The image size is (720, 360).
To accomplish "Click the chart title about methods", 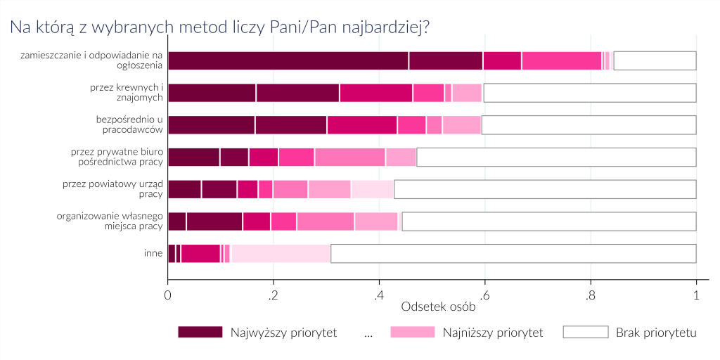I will [219, 27].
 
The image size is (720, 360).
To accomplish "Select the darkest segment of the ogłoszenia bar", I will [288, 60].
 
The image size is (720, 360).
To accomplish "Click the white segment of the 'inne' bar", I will [513, 253].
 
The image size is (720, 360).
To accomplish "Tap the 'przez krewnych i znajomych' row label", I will [127, 93].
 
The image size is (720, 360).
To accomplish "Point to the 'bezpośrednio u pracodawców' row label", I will [129, 124].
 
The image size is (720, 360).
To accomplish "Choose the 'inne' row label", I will [153, 253].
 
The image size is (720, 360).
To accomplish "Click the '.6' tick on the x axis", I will [484, 295].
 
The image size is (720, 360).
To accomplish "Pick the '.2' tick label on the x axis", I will [273, 295].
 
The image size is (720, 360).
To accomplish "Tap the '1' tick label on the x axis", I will [696, 295].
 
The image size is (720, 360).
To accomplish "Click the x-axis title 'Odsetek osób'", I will [437, 307].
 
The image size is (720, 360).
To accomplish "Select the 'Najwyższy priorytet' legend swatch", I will [200, 333].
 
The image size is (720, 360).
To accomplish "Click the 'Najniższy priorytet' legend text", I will [493, 333].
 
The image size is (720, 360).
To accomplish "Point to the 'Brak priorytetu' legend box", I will [585, 333].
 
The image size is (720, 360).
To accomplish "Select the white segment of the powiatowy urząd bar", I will [545, 189].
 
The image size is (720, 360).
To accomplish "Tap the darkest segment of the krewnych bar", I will [212, 93].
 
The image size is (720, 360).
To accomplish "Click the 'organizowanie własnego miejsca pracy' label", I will [110, 221].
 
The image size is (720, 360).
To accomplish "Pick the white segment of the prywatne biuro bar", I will [556, 157].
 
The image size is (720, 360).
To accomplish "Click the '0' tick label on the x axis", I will [168, 295].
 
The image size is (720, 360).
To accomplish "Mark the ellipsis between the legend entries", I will [368, 333].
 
